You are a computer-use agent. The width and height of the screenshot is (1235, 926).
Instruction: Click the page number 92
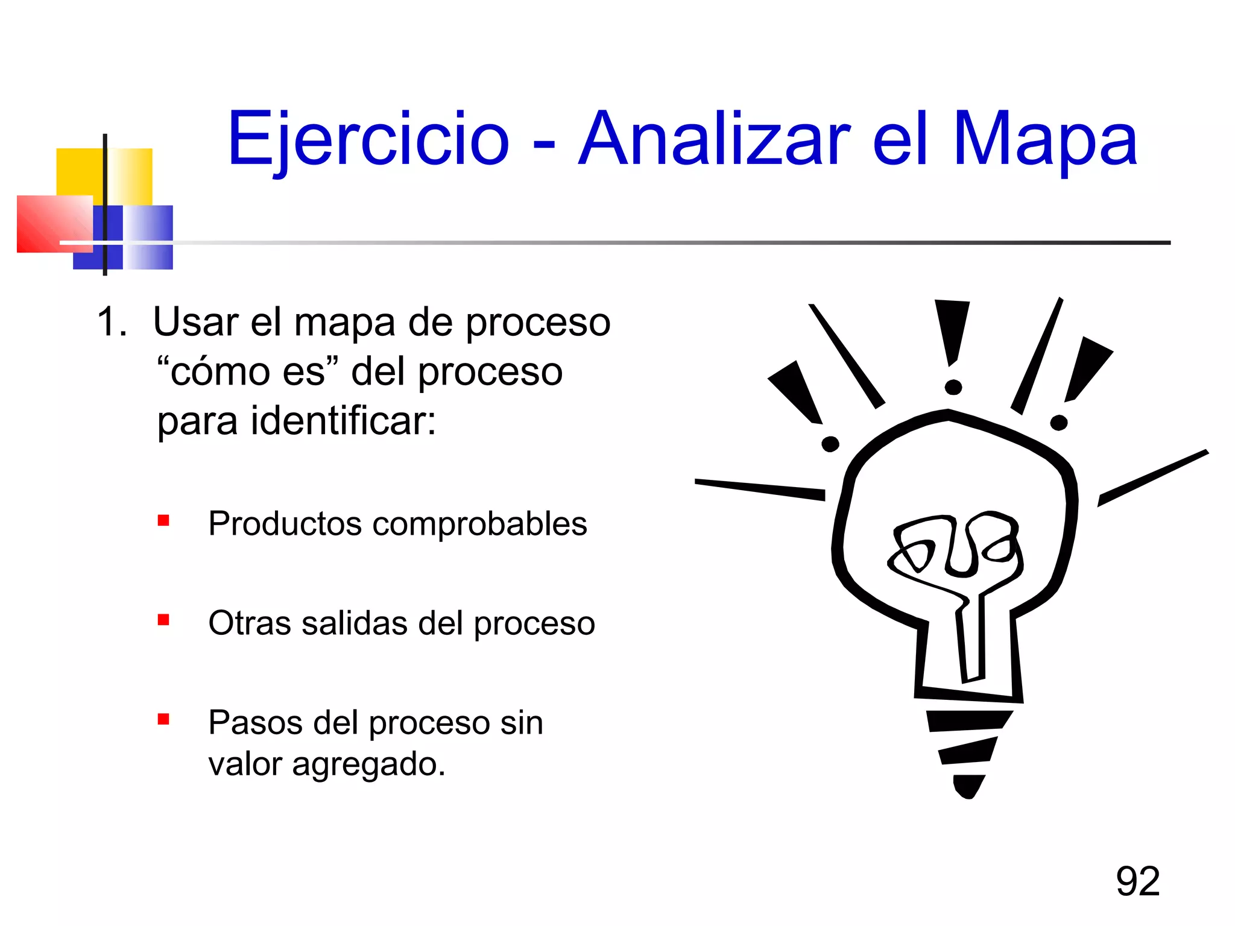[1137, 881]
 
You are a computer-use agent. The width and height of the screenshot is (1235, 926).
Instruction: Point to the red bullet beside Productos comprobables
[163, 520]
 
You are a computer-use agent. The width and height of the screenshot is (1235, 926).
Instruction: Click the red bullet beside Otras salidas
[163, 620]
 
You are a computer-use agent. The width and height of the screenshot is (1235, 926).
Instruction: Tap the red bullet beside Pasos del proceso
[163, 719]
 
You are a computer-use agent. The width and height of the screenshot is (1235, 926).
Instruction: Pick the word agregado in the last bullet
[368, 764]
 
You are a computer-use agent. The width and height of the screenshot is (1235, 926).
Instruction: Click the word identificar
[342, 420]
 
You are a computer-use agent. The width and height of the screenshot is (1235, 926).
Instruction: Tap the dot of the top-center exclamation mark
[953, 387]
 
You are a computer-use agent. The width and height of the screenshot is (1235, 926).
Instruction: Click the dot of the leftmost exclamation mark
[830, 444]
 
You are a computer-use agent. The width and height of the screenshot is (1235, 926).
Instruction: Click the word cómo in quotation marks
[220, 371]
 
